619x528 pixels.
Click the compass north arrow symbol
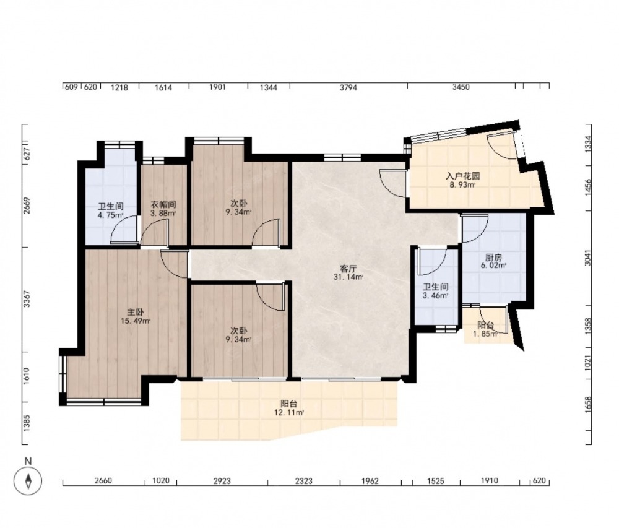tap(28, 481)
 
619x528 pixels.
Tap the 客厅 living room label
tap(348, 269)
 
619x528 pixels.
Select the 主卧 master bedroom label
tap(136, 313)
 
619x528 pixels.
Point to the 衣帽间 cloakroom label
tap(163, 205)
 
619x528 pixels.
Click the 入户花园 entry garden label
tap(462, 176)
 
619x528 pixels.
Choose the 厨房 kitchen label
tap(493, 258)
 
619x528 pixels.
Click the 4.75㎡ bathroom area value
tap(111, 215)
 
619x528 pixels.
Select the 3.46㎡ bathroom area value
tap(435, 295)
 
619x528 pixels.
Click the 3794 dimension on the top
tap(348, 88)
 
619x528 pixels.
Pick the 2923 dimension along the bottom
tap(222, 481)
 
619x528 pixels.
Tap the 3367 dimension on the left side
tap(27, 299)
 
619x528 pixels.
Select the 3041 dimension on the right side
tap(588, 258)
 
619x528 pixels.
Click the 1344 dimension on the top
tap(268, 88)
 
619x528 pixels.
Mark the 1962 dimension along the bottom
tap(370, 481)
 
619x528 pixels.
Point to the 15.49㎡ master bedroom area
tap(136, 321)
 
